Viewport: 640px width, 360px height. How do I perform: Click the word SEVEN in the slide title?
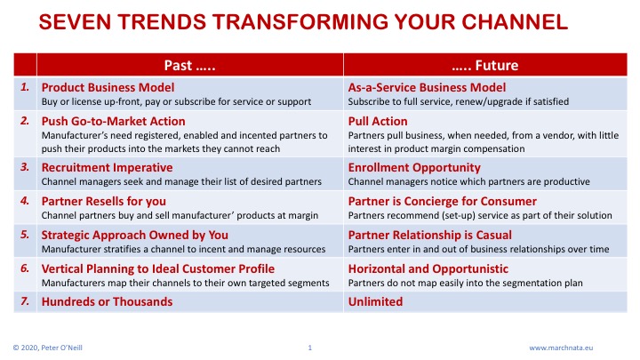[x=75, y=21]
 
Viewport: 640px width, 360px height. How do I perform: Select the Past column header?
[x=190, y=65]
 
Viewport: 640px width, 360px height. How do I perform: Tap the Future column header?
[x=485, y=65]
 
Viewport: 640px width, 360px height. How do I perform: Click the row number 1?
[x=25, y=87]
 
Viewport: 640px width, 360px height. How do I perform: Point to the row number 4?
[x=25, y=201]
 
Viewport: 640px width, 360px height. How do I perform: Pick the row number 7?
[x=25, y=301]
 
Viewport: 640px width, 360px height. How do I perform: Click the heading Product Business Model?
[x=108, y=87]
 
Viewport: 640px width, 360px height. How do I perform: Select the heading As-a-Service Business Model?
[x=427, y=87]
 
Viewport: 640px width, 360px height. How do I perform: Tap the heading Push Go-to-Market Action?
[x=114, y=121]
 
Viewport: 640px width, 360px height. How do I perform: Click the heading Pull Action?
[x=378, y=121]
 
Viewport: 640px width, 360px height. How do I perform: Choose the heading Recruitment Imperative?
[x=107, y=167]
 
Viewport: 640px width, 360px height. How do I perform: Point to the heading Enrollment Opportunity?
[x=414, y=167]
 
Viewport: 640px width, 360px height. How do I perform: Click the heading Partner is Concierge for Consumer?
[x=443, y=201]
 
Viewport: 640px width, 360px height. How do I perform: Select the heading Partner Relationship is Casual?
[x=430, y=235]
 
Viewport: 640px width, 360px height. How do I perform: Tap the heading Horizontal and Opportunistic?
[x=428, y=269]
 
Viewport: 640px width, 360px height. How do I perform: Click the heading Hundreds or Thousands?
[x=107, y=301]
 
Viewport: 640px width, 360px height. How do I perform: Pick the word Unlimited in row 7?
[x=375, y=301]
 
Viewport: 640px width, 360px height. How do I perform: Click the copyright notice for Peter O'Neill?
[x=48, y=348]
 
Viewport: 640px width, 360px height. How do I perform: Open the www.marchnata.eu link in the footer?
[x=561, y=348]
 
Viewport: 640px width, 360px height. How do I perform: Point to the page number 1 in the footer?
[x=310, y=348]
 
